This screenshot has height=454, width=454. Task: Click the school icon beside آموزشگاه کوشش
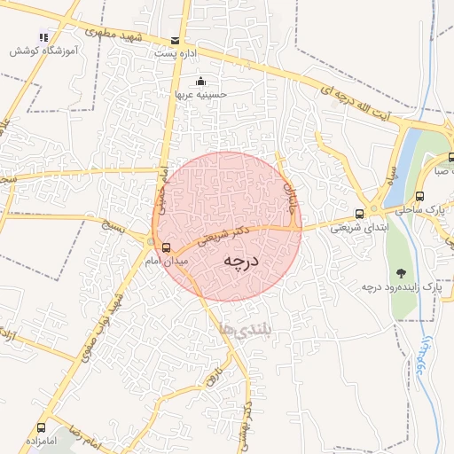(43, 36)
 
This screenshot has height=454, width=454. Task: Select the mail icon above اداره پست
(175, 41)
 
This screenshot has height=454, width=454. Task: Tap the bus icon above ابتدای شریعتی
(359, 214)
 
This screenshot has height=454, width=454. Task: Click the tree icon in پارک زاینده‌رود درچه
(402, 272)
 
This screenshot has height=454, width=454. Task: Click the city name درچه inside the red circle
(240, 260)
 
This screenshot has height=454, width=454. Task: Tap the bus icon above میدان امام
(166, 247)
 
